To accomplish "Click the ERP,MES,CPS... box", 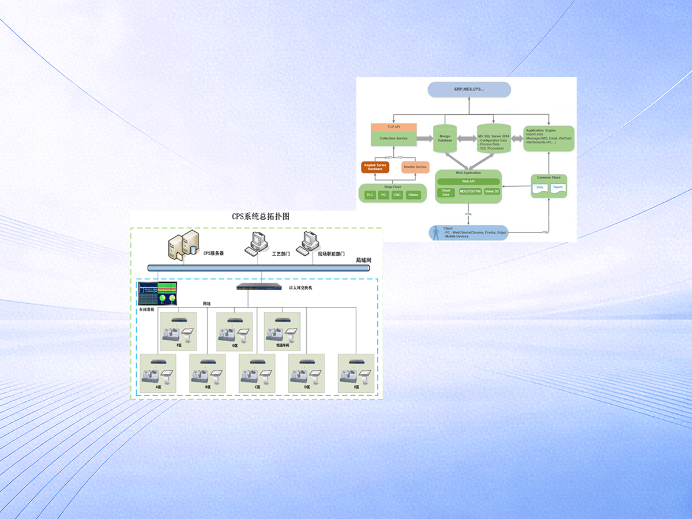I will tap(469, 89).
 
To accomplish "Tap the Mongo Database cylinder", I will tap(445, 138).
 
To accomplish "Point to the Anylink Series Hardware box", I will tap(375, 167).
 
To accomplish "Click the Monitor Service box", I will tap(415, 167).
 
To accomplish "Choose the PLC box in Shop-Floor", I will tap(370, 195).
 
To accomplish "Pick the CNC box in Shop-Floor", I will tap(397, 195).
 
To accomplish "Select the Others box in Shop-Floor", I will tap(413, 195).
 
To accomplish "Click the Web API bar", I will tap(468, 182).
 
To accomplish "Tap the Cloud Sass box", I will tap(446, 192).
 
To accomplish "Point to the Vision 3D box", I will tap(492, 191).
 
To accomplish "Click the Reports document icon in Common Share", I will tap(558, 188).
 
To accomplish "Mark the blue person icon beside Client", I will tap(436, 233).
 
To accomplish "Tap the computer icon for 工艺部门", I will tap(255, 244).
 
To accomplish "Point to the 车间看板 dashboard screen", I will tap(157, 294).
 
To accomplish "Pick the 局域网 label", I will tap(363, 260).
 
